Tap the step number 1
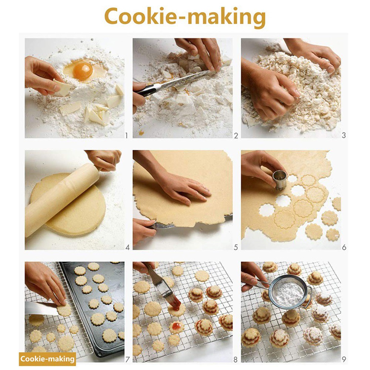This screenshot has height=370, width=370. click(126, 135)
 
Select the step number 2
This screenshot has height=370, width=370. click(236, 135)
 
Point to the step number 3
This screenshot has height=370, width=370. click(343, 135)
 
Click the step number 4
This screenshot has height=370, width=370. click(127, 247)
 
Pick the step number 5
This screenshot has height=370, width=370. click(236, 247)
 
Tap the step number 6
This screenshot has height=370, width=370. click(344, 247)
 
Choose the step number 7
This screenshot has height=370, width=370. click(127, 359)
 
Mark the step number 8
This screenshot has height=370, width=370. click(236, 359)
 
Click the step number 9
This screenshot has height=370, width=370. click(344, 359)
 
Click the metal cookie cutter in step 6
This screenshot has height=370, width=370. click(280, 179)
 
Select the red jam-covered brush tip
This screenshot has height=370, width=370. click(175, 304)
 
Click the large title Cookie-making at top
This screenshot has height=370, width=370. click(185, 17)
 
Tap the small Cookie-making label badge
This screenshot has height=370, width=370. click(47, 359)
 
